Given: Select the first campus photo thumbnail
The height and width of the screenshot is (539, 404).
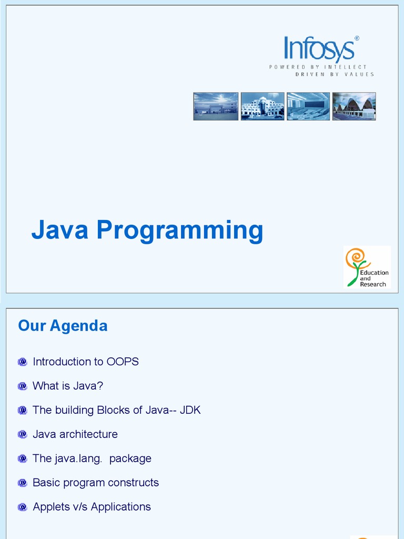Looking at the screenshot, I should (216, 106).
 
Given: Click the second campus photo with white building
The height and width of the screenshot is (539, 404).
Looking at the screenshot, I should (262, 106).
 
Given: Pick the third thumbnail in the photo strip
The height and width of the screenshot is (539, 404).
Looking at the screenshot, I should (308, 106).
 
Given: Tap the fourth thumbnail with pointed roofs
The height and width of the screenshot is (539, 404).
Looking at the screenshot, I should (354, 106).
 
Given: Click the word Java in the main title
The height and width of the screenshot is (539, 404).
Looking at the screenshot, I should (59, 230).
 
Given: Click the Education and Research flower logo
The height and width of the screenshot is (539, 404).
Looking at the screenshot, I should (367, 267).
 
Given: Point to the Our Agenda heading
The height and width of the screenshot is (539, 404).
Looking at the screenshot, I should (63, 326).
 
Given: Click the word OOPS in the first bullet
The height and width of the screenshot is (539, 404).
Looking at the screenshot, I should (123, 362).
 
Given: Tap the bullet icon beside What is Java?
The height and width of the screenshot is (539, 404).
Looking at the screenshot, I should (22, 386).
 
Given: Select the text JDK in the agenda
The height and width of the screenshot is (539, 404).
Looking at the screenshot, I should (190, 410).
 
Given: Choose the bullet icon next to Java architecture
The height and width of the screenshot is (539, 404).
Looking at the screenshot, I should (22, 434).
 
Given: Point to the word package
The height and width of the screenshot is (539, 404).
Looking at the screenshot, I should (130, 459).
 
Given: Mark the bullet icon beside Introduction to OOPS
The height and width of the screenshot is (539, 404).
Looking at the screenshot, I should (22, 362).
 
